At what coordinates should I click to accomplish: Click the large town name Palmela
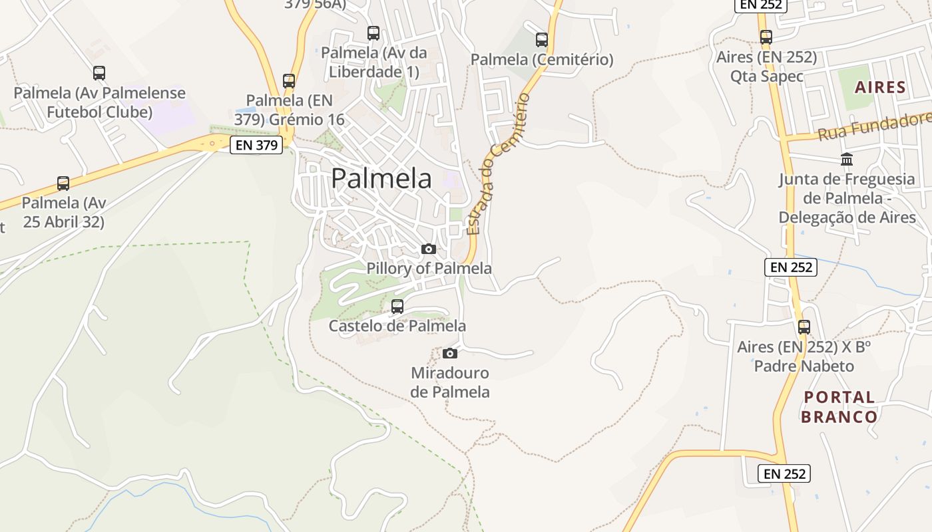coord(381,178)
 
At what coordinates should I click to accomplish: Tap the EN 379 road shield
coord(256,145)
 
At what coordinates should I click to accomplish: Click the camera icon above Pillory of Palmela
coord(429,249)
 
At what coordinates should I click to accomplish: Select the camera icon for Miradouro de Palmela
coord(450,353)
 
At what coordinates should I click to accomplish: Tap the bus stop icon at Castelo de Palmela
coord(397,307)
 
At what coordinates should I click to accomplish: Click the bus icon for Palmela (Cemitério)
coord(542,40)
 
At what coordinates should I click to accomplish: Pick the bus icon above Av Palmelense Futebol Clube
coord(99,73)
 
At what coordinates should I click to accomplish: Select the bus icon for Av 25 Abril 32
coord(63,184)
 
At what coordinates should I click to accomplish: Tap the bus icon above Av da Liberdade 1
coord(373,33)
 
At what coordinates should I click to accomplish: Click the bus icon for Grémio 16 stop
coord(289,81)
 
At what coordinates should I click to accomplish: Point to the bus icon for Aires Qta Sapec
coord(766,37)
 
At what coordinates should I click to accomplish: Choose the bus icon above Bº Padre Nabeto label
coord(804,327)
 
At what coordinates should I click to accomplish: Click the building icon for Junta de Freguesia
coord(847,160)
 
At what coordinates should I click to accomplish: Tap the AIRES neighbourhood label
coord(880,87)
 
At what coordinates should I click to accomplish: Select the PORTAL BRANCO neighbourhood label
coord(839,407)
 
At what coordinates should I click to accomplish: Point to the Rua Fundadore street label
coord(874,126)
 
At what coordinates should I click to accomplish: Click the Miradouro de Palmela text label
coord(450,382)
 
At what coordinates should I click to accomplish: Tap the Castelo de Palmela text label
coord(397,326)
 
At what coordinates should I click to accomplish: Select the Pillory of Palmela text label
coord(429,268)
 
